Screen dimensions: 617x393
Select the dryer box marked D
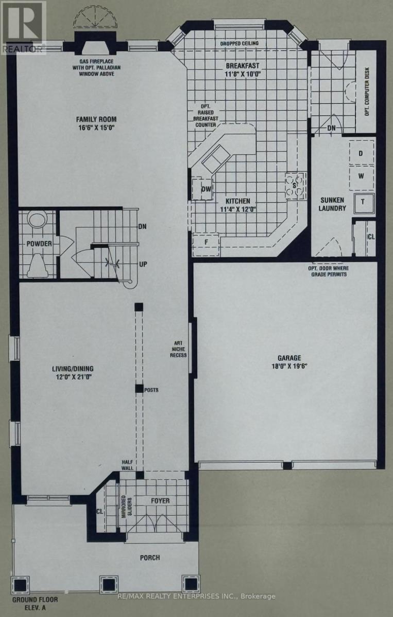(x=361, y=153)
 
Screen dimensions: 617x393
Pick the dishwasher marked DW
(x=207, y=189)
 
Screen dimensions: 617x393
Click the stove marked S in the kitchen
(x=295, y=186)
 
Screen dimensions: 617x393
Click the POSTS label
(x=151, y=389)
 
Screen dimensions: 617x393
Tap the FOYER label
(x=160, y=500)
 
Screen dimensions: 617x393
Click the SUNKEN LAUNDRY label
(x=333, y=204)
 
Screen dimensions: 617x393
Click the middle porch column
(x=109, y=583)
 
